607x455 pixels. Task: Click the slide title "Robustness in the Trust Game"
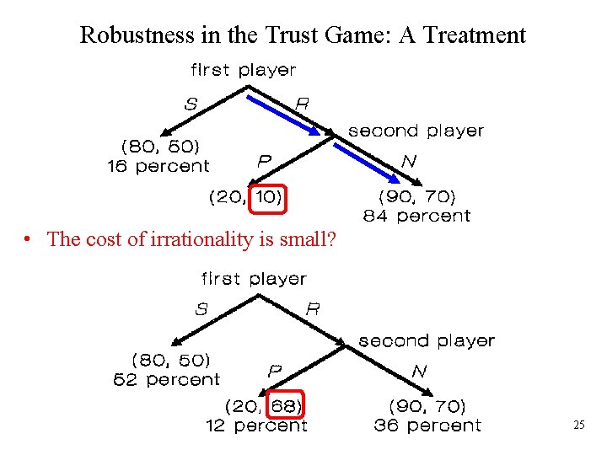tap(302, 35)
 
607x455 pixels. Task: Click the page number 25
tap(578, 426)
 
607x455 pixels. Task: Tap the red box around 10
tap(270, 198)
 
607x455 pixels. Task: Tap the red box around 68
tap(286, 406)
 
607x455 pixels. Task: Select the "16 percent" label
tap(158, 167)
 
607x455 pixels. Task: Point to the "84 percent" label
tap(416, 217)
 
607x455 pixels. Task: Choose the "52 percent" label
tap(166, 380)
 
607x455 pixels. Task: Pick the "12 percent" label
tap(256, 426)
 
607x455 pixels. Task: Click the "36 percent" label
tap(427, 426)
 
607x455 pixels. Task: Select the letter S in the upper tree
tap(191, 104)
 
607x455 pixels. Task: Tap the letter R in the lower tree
tap(312, 309)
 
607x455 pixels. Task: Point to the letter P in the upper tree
tap(264, 159)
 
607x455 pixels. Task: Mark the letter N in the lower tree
tap(419, 371)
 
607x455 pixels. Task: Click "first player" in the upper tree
tap(244, 70)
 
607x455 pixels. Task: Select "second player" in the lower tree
tap(426, 341)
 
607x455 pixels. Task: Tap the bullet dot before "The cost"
tap(28, 240)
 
